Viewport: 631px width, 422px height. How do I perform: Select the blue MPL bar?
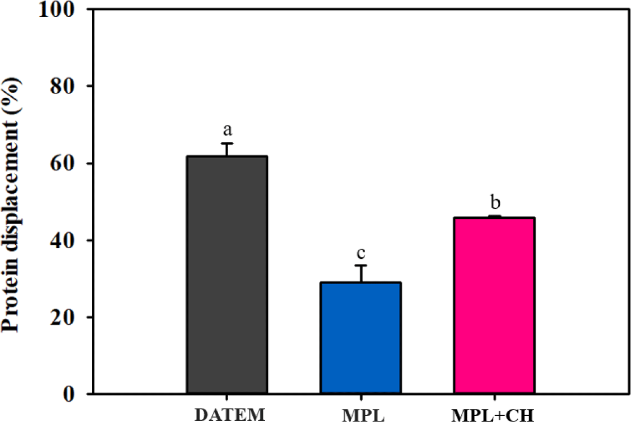point(361,338)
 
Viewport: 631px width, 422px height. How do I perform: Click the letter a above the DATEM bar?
point(227,130)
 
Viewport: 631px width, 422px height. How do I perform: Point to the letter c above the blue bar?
point(361,253)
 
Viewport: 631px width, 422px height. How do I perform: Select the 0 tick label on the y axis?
point(70,393)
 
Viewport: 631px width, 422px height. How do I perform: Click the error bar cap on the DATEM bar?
point(227,143)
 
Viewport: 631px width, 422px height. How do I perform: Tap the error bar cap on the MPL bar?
point(361,266)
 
